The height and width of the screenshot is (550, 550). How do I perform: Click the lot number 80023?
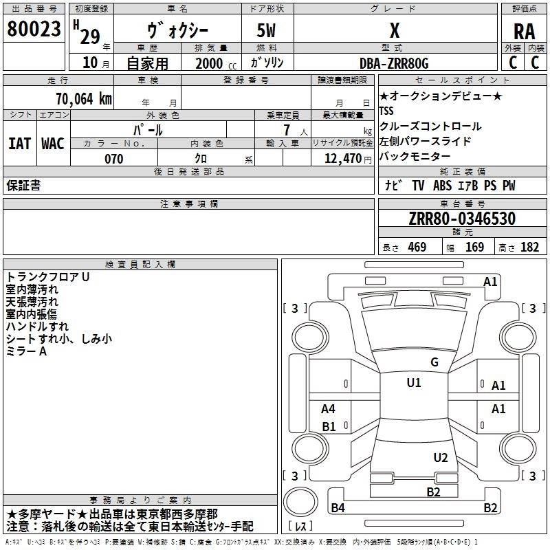(x=34, y=29)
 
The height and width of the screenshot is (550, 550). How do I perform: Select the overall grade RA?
(x=525, y=32)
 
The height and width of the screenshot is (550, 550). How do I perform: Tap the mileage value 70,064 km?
(x=84, y=99)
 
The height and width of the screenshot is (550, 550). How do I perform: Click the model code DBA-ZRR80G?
(x=394, y=63)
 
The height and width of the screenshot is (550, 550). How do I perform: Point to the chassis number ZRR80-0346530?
(x=462, y=219)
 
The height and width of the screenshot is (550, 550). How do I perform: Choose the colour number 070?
(x=114, y=159)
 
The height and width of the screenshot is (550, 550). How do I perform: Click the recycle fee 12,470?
(x=343, y=159)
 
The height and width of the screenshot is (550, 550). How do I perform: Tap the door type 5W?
(x=266, y=30)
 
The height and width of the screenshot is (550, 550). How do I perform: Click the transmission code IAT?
(x=20, y=144)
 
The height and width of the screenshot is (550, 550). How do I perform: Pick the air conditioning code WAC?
(x=53, y=144)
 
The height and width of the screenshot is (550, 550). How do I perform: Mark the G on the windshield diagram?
(x=434, y=362)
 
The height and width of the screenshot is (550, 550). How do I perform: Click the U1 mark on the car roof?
(x=414, y=383)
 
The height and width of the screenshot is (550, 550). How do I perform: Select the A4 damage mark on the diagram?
(x=329, y=408)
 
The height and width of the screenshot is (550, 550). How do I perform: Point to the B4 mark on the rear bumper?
(x=338, y=507)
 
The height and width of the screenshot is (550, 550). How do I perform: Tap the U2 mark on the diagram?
(x=441, y=458)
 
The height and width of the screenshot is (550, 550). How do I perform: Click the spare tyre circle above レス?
(x=300, y=502)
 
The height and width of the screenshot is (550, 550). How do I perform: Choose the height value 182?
(x=529, y=247)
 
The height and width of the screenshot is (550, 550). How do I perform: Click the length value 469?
(x=417, y=247)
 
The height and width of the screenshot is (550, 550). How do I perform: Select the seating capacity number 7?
(x=287, y=130)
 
